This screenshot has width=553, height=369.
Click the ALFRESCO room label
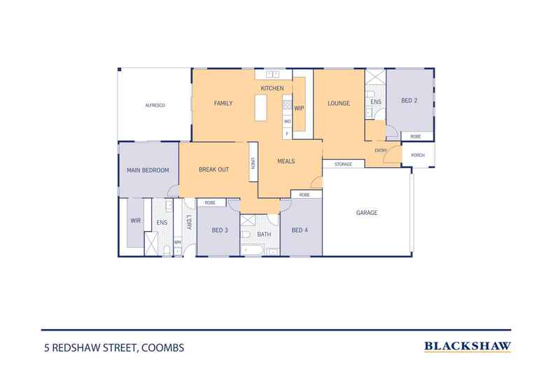click(x=154, y=105)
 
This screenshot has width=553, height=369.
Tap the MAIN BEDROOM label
click(x=148, y=169)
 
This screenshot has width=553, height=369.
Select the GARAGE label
click(x=367, y=212)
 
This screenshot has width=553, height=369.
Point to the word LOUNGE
click(x=339, y=104)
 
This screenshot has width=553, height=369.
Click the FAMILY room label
click(x=223, y=104)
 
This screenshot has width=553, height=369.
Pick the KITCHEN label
click(x=272, y=88)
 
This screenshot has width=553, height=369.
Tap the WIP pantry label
click(x=299, y=108)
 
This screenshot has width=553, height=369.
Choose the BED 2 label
click(x=409, y=101)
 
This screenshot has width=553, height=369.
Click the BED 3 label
click(x=219, y=230)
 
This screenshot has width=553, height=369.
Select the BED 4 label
click(x=299, y=230)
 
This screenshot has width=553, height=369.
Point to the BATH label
click(x=264, y=235)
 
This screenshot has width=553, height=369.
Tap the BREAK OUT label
click(x=213, y=169)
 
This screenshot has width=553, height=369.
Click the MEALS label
click(x=286, y=161)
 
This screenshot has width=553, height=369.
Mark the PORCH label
click(x=417, y=155)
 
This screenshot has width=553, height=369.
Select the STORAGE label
click(x=343, y=165)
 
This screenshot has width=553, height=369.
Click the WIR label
click(x=135, y=221)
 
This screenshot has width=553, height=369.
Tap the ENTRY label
click(x=381, y=151)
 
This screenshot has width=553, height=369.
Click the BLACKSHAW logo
click(x=468, y=346)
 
